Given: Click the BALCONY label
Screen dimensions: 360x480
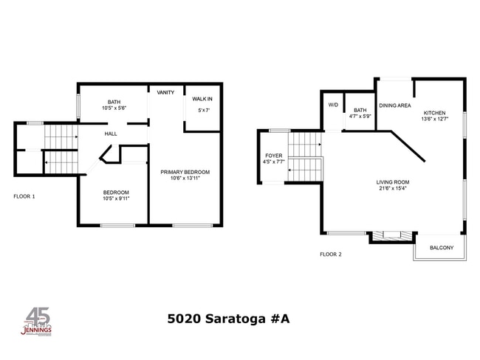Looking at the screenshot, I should (x=441, y=248).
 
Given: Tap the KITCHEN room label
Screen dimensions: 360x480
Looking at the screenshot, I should (x=434, y=113).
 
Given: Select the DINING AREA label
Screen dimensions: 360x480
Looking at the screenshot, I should (x=395, y=105).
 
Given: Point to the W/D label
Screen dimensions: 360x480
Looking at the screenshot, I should (x=332, y=105).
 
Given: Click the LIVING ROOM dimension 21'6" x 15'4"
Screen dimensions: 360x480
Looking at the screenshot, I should (x=392, y=188).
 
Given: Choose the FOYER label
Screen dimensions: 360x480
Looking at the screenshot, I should (x=273, y=156).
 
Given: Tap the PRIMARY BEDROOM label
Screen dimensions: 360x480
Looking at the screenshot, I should (x=180, y=171).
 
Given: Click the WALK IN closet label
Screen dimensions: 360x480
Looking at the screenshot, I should (x=202, y=99).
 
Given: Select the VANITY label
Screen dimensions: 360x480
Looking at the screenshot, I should (x=165, y=93).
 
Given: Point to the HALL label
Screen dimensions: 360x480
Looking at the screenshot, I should (x=111, y=134).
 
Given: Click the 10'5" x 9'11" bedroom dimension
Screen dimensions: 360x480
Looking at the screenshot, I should (x=117, y=198).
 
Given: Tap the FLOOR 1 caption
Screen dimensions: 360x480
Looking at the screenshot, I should (x=24, y=196).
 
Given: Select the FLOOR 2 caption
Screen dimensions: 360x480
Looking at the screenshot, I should (x=330, y=254).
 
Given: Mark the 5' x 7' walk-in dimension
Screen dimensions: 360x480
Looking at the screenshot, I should (x=203, y=110).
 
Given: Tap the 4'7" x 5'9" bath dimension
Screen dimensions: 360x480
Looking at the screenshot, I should (x=360, y=116).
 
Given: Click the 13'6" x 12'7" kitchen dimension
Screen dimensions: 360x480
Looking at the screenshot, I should (x=434, y=119).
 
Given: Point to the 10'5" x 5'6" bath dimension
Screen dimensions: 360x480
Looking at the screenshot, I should (x=114, y=108).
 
